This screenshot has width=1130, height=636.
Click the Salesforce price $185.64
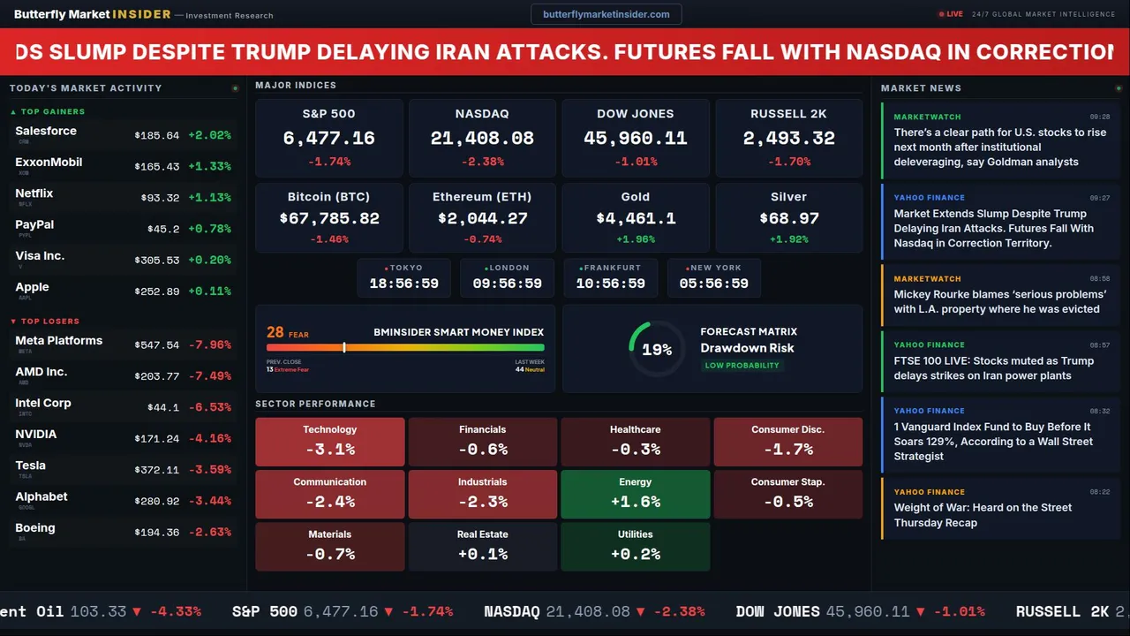point(157,136)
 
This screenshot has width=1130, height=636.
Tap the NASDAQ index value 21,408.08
point(482,139)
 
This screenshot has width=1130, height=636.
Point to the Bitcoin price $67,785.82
point(329,218)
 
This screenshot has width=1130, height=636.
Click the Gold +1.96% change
point(636,239)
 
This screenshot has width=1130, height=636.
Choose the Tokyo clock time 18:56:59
point(403,284)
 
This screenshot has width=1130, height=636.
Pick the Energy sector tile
point(636,493)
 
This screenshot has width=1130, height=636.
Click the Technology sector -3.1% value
point(330,449)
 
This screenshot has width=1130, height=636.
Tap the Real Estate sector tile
point(483,546)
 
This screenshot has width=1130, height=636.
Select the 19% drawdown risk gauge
point(657,350)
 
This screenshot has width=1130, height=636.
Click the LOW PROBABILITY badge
point(742,366)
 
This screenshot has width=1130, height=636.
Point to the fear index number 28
point(275,333)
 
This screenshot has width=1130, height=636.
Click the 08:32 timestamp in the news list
point(1099,411)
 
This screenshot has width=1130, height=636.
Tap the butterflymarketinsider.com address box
point(606,14)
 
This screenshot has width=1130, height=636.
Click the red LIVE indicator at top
point(953,14)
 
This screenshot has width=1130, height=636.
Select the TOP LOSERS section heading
point(49,322)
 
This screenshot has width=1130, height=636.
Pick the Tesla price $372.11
point(157,470)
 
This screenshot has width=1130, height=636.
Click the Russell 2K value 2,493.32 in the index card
point(788,139)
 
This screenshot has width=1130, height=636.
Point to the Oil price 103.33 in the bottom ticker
point(98,611)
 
